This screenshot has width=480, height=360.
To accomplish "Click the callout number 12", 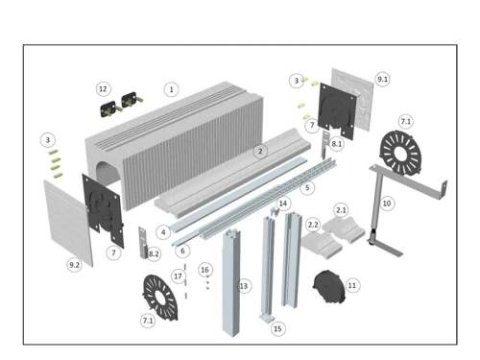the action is [103, 88].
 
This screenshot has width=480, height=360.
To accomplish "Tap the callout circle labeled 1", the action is [171, 89].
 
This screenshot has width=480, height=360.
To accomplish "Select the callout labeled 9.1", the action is [382, 79].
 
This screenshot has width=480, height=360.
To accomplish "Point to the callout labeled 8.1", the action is [336, 144].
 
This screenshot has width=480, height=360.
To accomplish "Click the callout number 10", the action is [387, 204].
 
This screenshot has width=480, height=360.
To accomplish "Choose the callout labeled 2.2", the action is [313, 225].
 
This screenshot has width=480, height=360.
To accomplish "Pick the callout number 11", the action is [351, 285].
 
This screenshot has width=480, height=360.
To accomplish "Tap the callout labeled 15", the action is [277, 328].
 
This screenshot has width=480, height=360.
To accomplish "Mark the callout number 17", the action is [178, 276].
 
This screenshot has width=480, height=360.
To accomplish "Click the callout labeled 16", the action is [204, 270].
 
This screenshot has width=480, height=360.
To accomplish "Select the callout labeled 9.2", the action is [74, 265].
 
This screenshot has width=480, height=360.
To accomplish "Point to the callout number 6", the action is [182, 251].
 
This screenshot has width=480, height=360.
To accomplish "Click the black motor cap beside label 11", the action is [329, 286].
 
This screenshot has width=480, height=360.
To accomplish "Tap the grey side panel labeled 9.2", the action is [68, 223].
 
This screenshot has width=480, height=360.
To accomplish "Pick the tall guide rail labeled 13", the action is [231, 283].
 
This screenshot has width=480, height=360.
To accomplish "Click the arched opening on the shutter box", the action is [108, 175].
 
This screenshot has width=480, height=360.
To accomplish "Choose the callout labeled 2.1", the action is [341, 210].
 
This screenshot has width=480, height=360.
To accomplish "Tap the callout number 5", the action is [307, 187].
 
